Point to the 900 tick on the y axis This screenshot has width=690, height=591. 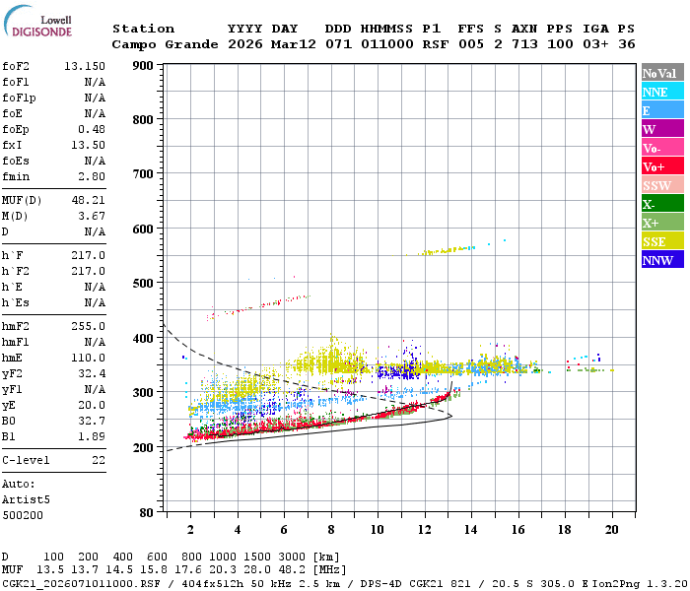point(142,66)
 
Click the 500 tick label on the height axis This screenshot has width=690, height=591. point(142,284)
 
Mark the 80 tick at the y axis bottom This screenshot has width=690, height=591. point(146,513)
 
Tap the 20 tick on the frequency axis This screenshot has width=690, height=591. point(612,529)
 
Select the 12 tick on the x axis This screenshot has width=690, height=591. point(425,529)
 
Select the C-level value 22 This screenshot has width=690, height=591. point(98,460)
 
